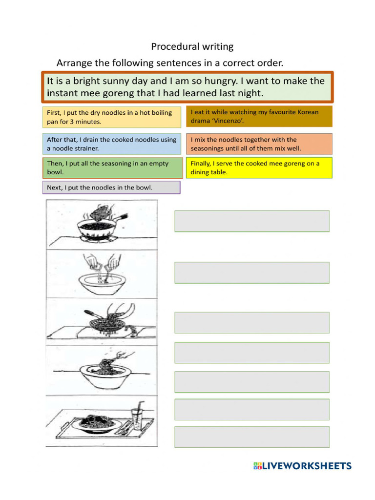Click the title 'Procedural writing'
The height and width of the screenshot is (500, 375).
click(x=192, y=46)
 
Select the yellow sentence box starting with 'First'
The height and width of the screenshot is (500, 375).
click(x=111, y=117)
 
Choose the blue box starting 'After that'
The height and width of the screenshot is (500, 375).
click(x=111, y=144)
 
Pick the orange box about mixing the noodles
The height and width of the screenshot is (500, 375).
click(x=259, y=144)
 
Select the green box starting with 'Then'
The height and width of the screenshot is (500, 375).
click(x=111, y=168)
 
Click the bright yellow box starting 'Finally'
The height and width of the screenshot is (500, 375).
click(x=259, y=168)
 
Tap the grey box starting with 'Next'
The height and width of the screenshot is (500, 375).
click(x=111, y=187)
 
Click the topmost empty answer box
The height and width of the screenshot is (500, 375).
click(x=252, y=221)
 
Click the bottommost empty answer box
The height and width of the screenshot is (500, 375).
click(x=252, y=437)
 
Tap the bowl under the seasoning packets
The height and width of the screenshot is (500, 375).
click(x=101, y=281)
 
